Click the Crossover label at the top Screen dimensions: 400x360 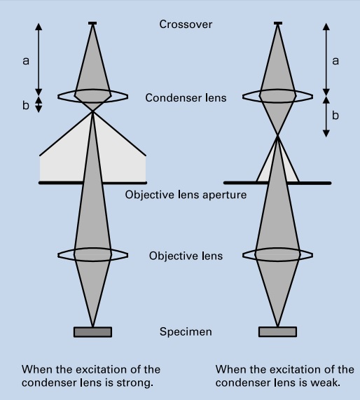click(186, 25)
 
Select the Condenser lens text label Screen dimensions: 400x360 click(186, 98)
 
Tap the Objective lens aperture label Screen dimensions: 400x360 click(186, 195)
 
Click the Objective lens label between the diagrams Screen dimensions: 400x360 click(186, 256)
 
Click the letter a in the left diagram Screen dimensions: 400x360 click(26, 61)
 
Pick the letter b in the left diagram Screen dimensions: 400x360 click(26, 104)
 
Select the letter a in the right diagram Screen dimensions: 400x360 click(335, 61)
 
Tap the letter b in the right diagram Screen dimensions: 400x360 click(335, 115)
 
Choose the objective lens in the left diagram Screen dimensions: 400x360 click(92, 254)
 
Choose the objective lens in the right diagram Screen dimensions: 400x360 click(278, 254)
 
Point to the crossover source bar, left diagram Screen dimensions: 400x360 click(92, 24)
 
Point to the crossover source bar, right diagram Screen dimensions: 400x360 click(278, 24)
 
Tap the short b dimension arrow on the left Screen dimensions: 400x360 click(39, 104)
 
